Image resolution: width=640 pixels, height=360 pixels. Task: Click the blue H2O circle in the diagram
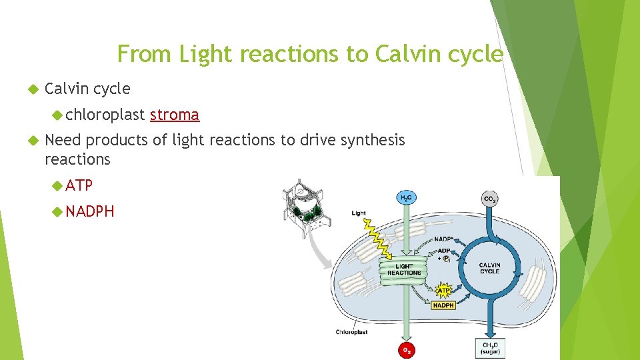[405, 197]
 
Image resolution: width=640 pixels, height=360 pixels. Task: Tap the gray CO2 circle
[490, 198]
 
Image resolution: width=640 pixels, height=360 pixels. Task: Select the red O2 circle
[405, 350]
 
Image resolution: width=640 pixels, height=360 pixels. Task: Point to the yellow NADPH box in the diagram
[443, 305]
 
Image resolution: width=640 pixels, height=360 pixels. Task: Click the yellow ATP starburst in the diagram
[443, 290]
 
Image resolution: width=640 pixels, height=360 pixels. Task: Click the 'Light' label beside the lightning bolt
[359, 213]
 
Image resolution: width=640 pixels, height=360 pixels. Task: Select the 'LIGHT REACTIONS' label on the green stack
[404, 269]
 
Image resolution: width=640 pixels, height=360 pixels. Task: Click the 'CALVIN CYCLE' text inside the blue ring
[489, 268]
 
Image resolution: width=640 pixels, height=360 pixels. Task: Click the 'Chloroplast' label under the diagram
[351, 331]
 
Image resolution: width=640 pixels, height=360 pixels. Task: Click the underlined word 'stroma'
[175, 115]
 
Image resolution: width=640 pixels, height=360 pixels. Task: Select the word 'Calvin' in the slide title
[404, 54]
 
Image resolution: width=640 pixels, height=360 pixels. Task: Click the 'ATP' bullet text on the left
[79, 185]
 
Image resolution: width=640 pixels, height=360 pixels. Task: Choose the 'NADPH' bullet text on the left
[90, 211]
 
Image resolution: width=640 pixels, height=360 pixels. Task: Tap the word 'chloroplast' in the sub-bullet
[105, 115]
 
